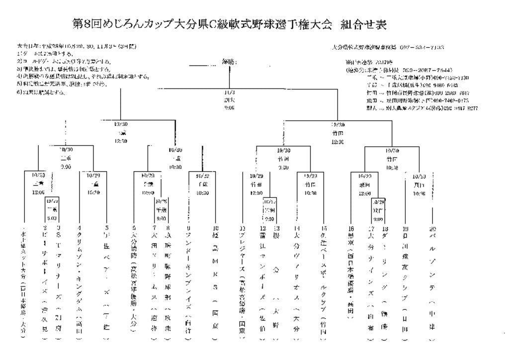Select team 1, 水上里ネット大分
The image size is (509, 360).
[23, 283]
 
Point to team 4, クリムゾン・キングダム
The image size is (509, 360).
[81, 278]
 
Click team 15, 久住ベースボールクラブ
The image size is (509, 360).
[324, 283]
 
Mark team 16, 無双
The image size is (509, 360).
[350, 273]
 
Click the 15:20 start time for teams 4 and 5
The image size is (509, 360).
[93, 191]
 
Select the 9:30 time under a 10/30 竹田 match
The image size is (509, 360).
[283, 168]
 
